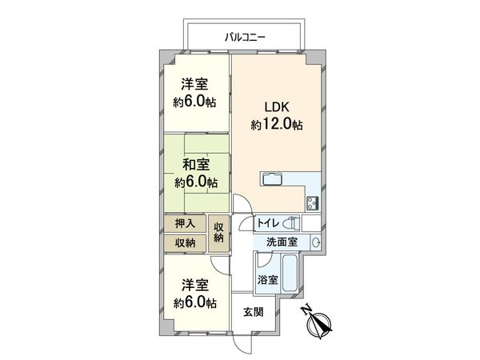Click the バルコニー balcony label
tap(245, 37)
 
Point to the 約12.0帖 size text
tap(277, 125)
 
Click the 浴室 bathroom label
tap(267, 280)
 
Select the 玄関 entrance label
tap(253, 312)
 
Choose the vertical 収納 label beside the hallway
tap(220, 234)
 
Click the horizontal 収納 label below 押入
tap(186, 243)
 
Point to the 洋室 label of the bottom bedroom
tap(196, 285)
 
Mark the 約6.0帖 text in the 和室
tap(196, 183)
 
